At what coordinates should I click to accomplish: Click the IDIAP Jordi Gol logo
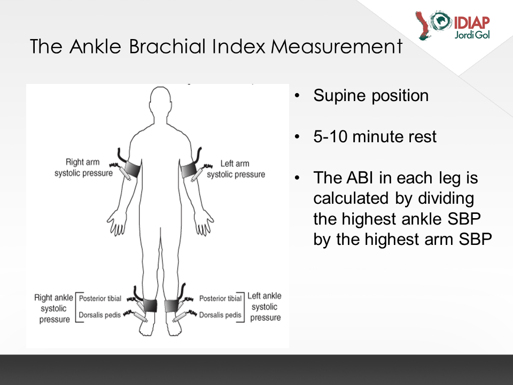click(453, 25)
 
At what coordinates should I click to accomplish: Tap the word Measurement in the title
click(337, 46)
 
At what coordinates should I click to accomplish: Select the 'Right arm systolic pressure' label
click(83, 167)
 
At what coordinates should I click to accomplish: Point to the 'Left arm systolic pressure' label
click(236, 169)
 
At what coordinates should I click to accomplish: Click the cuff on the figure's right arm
click(133, 169)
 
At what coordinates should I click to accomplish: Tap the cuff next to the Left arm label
click(189, 171)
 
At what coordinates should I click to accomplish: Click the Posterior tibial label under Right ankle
click(100, 298)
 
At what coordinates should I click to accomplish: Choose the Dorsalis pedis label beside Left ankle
click(220, 315)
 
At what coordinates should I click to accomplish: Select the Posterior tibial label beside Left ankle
click(220, 298)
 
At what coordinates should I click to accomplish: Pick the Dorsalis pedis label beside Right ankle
click(100, 315)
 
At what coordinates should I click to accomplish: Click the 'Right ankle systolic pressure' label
click(53, 309)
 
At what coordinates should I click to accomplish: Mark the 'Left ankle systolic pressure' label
click(265, 307)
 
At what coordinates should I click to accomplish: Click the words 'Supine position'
click(371, 96)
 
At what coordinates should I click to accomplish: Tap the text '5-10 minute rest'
click(375, 136)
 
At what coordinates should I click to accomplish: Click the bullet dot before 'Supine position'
click(297, 96)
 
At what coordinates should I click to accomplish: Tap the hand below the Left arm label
click(204, 222)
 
